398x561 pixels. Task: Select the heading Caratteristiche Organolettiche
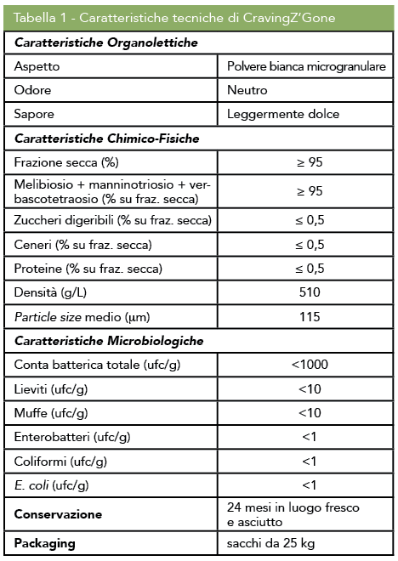106,42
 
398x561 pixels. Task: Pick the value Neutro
247,89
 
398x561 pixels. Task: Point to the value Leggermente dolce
283,113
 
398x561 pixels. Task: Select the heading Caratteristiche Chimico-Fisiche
107,138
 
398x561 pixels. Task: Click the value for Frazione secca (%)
309,161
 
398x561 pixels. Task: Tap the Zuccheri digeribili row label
112,221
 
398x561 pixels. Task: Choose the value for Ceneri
309,245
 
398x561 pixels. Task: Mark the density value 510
309,292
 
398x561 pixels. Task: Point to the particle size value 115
309,316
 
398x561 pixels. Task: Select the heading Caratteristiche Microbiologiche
109,340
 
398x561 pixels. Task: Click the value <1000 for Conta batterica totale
309,365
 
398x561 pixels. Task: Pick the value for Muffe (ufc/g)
309,413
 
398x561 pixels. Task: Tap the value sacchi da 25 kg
271,542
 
